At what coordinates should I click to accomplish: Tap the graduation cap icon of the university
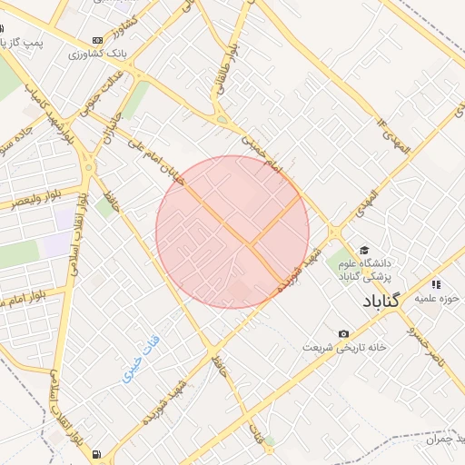coord(364,250)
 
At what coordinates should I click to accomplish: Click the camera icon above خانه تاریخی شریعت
coord(342,334)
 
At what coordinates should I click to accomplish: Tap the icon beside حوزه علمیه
coord(437,283)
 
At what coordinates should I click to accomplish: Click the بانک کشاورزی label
coord(98,54)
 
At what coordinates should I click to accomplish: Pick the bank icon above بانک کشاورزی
coord(98,41)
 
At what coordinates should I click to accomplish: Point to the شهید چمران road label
coord(443,439)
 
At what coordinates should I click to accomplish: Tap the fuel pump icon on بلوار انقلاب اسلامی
coord(97,454)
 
